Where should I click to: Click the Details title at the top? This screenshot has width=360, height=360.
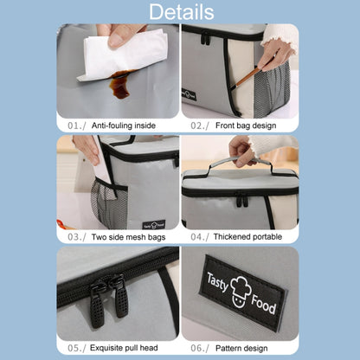coord(182,12)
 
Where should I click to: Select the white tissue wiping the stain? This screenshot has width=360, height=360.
coord(123,55)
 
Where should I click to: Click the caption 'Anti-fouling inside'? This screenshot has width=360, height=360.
coord(124,125)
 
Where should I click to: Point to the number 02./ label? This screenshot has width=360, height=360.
coord(200,125)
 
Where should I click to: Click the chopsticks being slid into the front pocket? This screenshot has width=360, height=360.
coord(247,76)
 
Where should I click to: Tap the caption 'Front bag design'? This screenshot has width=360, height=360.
coord(246,125)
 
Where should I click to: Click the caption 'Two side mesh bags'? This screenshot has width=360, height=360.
coord(128,237)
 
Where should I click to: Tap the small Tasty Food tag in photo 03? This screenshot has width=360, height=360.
coord(154,225)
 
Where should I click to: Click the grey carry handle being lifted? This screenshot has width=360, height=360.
coord(241,167)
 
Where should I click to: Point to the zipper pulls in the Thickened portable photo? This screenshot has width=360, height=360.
coord(242,200)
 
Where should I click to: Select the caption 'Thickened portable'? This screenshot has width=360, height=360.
coord(247,237)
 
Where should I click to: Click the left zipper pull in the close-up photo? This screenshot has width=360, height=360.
coord(97,305)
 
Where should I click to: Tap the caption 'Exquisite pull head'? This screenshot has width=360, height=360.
coord(124,348)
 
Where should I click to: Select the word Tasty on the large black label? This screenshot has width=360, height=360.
coord(217,282)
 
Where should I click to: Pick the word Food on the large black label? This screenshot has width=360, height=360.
coord(263,304)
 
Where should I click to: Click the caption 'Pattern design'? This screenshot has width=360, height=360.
coord(241,348)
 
